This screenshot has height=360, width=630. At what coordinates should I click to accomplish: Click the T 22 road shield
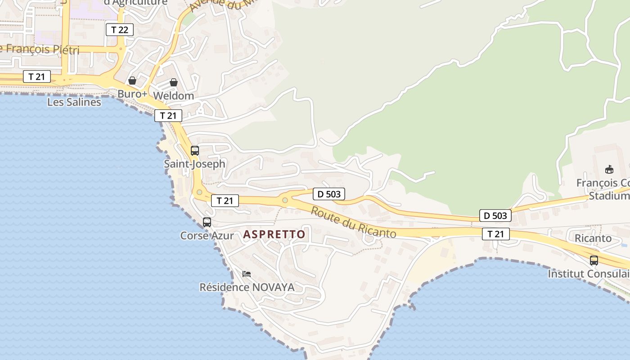pos(120,30)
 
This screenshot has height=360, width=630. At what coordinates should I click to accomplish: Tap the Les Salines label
pos(74,102)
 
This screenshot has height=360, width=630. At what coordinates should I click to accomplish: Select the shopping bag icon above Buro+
pos(132,81)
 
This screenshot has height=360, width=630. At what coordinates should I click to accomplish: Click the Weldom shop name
pos(173,96)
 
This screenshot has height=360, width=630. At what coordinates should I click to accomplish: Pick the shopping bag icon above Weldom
pos(174,82)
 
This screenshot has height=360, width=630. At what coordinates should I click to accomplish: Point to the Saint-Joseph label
pos(194,164)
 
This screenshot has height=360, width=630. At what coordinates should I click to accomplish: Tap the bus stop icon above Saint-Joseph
pos(195,151)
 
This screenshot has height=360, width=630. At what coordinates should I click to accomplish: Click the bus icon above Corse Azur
pos(207,222)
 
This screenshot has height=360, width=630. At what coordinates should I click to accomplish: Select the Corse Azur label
pos(207,235)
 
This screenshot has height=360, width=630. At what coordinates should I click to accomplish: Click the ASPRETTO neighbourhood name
pos(274,234)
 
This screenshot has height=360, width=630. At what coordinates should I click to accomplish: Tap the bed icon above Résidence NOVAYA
pos(247,274)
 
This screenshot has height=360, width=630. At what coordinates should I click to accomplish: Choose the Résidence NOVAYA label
pos(247,287)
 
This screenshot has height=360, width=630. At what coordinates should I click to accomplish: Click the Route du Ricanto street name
pos(353,222)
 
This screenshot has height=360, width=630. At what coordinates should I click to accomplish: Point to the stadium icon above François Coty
pos(609,169)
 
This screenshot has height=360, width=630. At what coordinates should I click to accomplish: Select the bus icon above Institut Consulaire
pos(594,261)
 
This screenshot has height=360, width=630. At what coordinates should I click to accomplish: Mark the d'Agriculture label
pos(135,2)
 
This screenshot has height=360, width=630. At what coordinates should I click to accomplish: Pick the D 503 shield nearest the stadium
pos(495,216)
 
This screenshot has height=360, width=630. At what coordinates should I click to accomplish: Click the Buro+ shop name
pos(132,94)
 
